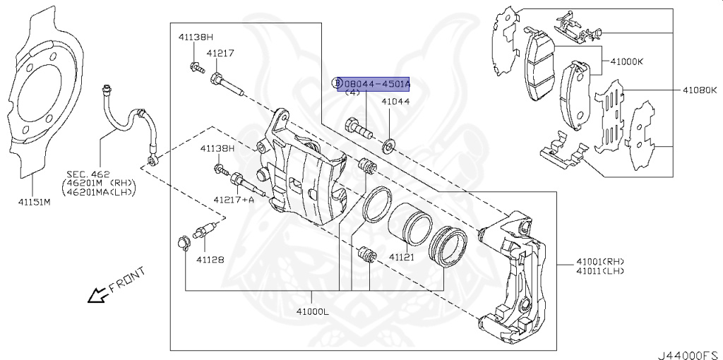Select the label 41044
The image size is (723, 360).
pyautogui.click(x=395, y=102)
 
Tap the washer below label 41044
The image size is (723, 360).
pyautogui.click(x=389, y=148)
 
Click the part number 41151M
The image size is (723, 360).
pyautogui.click(x=35, y=202)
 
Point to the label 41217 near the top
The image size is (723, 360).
pyautogui.click(x=220, y=53)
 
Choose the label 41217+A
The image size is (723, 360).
pyautogui.click(x=234, y=200)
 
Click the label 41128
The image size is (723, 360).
pyautogui.click(x=210, y=259)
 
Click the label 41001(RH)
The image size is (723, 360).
pyautogui.click(x=600, y=261)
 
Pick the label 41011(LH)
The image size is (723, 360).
pyautogui.click(x=600, y=271)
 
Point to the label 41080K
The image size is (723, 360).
pyautogui.click(x=699, y=90)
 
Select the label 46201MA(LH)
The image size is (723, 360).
pyautogui.click(x=99, y=191)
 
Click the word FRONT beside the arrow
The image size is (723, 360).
pyautogui.click(x=127, y=280)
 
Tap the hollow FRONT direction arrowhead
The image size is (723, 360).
pyautogui.click(x=94, y=296)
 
